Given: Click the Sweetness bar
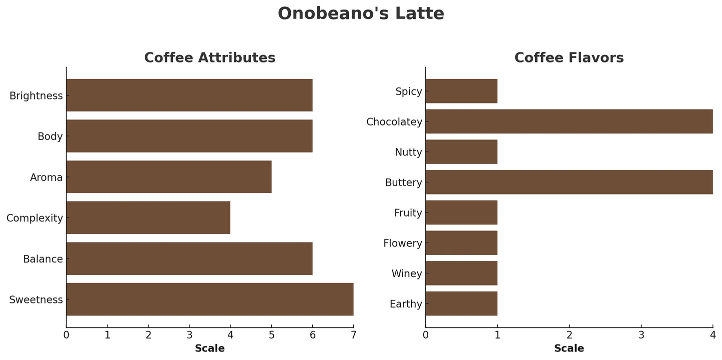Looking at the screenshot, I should click(x=210, y=299).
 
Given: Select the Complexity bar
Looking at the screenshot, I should click(x=148, y=217).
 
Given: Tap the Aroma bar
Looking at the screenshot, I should click(x=169, y=176).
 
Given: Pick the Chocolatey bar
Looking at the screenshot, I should click(x=569, y=121).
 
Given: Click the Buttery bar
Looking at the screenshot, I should click(x=569, y=182).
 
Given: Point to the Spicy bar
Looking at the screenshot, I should click(x=461, y=91).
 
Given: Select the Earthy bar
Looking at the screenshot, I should click(x=461, y=303).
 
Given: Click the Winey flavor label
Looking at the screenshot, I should click(x=407, y=273).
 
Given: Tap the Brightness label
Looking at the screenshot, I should click(x=36, y=95).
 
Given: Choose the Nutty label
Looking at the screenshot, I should click(x=408, y=152).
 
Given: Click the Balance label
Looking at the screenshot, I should click(x=43, y=259).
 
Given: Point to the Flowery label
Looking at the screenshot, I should click(x=403, y=243).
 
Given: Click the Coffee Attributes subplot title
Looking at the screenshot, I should click(x=210, y=58).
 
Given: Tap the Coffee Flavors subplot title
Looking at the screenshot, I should click(x=569, y=58).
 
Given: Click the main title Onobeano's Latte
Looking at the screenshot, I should click(x=361, y=13).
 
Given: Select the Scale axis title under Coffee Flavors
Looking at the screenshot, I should click(x=569, y=348).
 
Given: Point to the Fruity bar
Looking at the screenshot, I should click(x=461, y=212).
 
